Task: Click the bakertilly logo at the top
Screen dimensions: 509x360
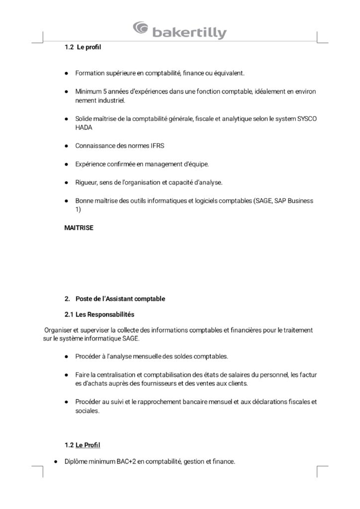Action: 180,31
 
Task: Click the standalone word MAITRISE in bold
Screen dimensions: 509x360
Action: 79,228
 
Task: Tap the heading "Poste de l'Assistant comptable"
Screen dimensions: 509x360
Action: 120,299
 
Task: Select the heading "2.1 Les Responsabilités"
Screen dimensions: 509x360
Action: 99,315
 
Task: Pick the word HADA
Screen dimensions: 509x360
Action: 84,127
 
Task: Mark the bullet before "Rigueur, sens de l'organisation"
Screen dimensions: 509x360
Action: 66,182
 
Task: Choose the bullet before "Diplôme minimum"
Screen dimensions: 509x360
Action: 55,461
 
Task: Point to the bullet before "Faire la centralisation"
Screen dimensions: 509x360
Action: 66,374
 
